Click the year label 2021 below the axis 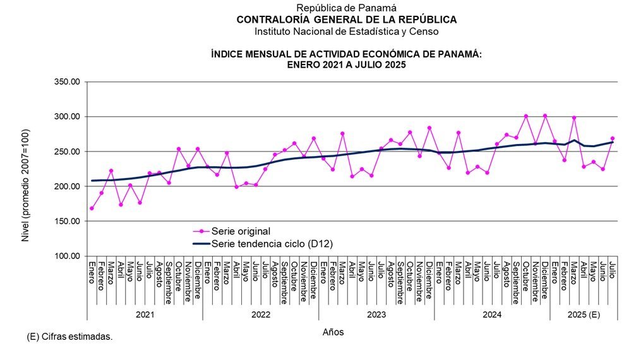point(145,314)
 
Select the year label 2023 point(376,314)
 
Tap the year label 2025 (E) point(583,314)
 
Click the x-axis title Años point(333,332)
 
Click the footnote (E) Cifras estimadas point(69,337)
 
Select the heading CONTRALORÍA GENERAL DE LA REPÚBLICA point(346,20)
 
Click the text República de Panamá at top point(346,8)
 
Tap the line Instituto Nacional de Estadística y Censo point(346,31)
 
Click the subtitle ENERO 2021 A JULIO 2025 point(346,65)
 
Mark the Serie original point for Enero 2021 point(92,208)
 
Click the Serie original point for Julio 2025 point(613,138)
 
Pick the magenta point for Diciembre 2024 point(545,116)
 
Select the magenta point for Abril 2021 point(121,205)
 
